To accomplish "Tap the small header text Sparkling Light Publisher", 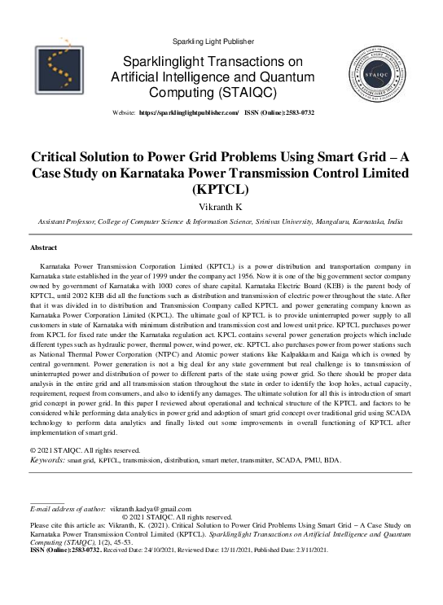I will (213, 42).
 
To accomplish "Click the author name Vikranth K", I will (221, 207).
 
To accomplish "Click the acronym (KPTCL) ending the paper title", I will (221, 189).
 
